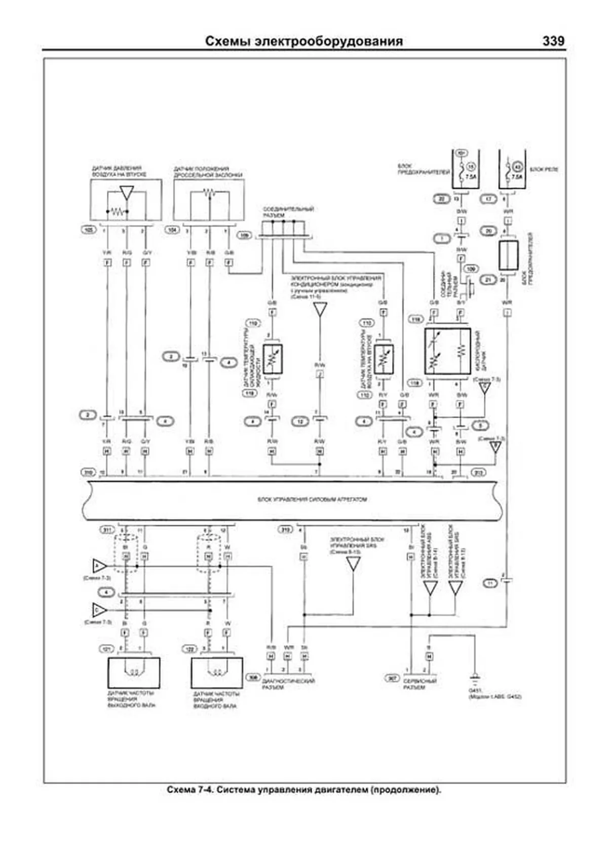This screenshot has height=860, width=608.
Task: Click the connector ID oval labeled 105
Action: tap(89, 230)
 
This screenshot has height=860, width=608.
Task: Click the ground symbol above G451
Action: tap(475, 677)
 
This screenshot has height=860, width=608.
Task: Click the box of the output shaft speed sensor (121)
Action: tap(134, 672)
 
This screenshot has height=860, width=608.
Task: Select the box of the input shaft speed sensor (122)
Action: tap(217, 672)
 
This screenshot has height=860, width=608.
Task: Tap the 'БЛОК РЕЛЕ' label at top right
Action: tap(544, 169)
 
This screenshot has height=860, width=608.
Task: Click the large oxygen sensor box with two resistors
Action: tap(447, 351)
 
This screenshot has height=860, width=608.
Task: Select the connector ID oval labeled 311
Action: tap(107, 530)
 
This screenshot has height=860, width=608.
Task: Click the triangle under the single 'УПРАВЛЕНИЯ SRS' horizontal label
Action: tap(353, 564)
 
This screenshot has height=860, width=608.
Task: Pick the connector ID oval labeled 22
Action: tap(441, 199)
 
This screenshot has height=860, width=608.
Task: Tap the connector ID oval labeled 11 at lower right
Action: tap(490, 583)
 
